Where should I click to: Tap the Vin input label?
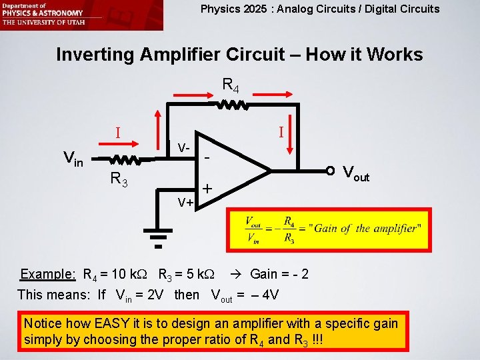[x=73, y=159]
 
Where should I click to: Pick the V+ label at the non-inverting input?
[x=185, y=201]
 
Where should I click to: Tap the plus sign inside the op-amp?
[x=207, y=189]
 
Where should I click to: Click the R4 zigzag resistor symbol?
[x=231, y=105]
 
